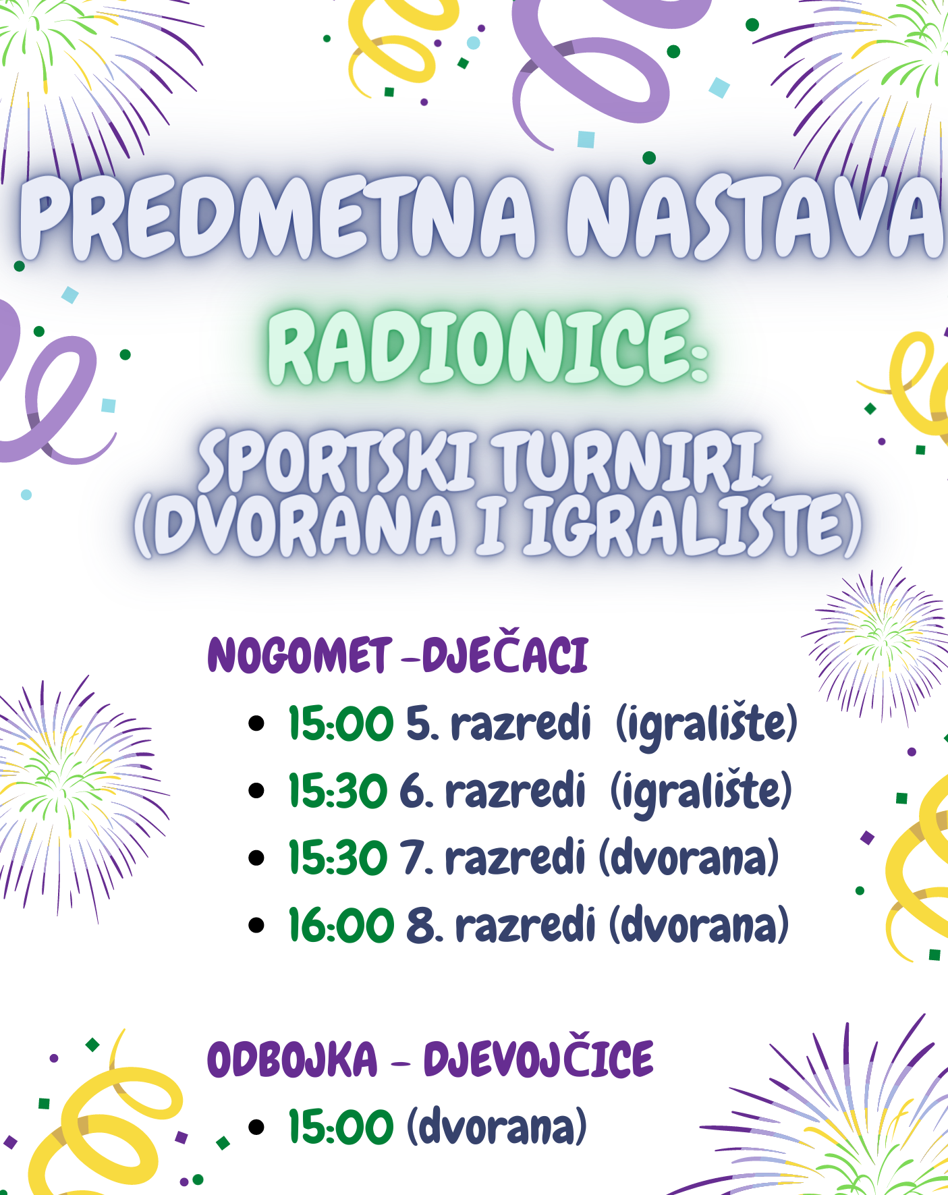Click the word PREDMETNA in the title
(278, 217)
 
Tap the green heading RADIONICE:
(488, 347)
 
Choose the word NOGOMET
(300, 655)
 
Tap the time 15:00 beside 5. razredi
(341, 724)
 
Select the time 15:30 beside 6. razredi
(338, 791)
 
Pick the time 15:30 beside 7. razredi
(338, 858)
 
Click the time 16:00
(341, 924)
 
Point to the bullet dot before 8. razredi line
(256, 924)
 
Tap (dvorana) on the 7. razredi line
(689, 858)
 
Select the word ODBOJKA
(292, 1059)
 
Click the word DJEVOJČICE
(538, 1056)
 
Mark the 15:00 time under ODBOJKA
(341, 1127)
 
